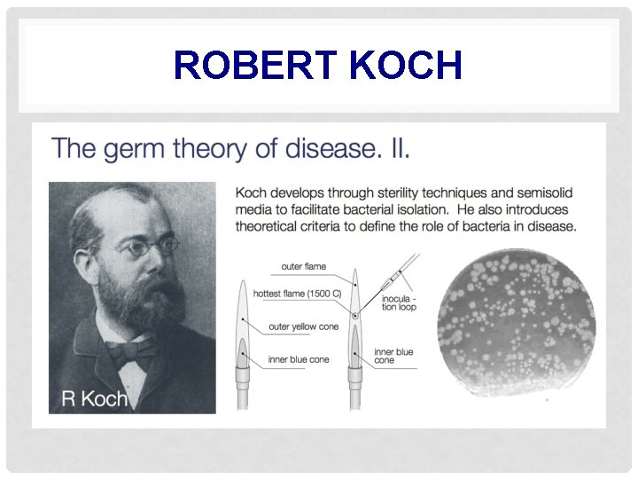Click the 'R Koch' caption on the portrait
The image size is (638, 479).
click(x=94, y=398)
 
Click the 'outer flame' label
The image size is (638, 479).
click(x=303, y=266)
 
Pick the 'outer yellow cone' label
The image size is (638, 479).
click(x=303, y=327)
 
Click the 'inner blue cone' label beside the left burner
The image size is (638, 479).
click(x=300, y=359)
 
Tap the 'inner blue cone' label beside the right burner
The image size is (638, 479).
click(x=393, y=356)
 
